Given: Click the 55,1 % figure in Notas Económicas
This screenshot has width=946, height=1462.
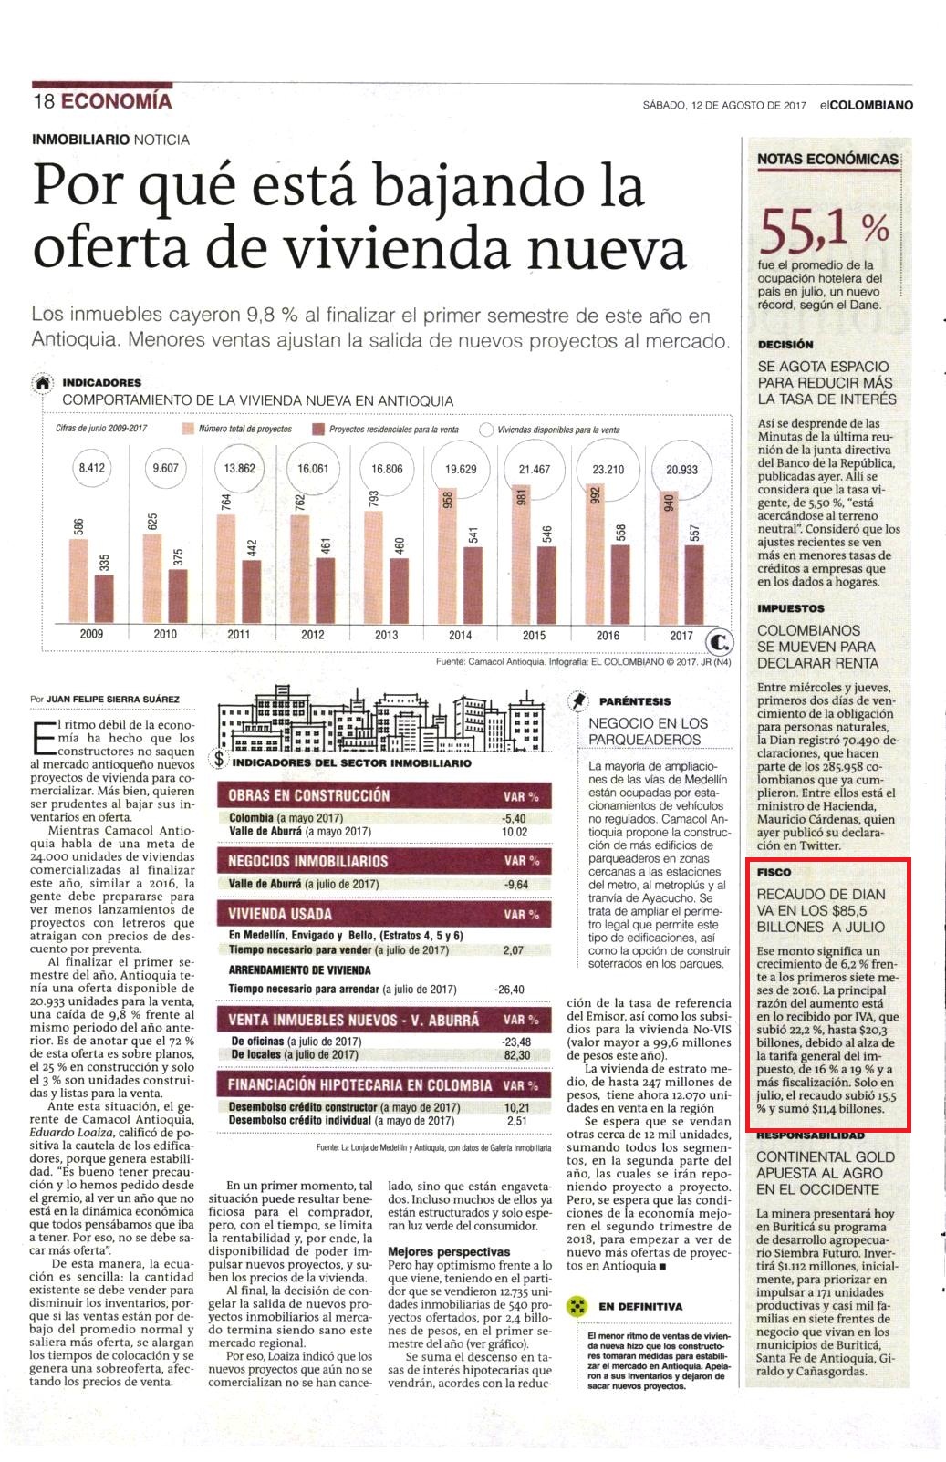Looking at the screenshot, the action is pos(824,230).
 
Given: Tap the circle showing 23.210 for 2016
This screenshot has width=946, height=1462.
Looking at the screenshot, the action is pos(608,469).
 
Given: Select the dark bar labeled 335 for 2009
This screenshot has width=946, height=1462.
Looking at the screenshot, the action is pos(104,598).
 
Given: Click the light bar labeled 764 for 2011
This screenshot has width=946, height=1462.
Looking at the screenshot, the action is pos(226,568).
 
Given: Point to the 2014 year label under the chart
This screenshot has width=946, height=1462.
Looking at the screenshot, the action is pos(461,635).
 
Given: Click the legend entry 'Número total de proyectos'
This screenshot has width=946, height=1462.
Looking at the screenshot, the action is pos(238,430).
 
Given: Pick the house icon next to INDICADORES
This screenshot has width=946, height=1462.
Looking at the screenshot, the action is pos(43,384).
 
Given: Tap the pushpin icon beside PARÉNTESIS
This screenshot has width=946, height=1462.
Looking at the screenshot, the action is pos(577,701).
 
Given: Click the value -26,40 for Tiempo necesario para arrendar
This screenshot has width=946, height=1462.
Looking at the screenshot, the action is pos(509,990).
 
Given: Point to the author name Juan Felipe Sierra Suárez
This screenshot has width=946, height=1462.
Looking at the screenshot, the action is pos(112,699).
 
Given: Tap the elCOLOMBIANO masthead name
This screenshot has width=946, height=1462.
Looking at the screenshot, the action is pos(867,106).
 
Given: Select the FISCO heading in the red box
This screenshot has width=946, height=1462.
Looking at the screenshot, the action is pos(774,872).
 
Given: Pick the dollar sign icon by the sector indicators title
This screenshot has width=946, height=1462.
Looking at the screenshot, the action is pos(219,759).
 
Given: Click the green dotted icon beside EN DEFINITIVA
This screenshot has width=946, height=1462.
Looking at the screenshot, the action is pos(577,1305).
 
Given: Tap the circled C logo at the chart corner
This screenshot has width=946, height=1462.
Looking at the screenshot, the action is pos(719,643).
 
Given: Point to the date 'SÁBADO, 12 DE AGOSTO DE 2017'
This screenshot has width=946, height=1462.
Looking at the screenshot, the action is pos(724,106).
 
